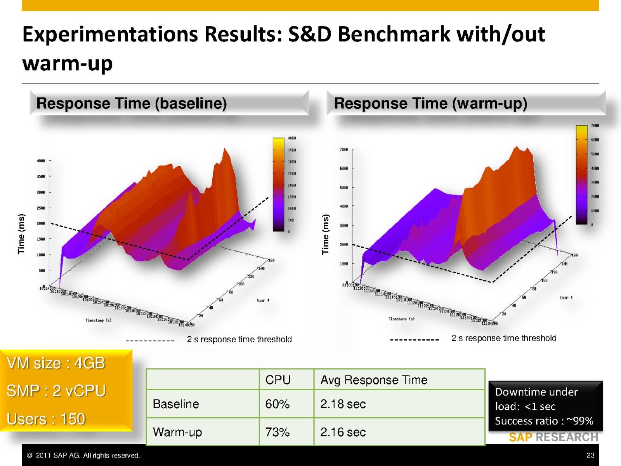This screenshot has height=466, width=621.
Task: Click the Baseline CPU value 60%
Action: [277, 404]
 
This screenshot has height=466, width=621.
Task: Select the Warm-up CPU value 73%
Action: [277, 432]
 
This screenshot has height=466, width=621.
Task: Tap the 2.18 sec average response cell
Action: [343, 404]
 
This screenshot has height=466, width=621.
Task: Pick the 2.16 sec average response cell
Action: [343, 432]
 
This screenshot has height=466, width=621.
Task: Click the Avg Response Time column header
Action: [374, 380]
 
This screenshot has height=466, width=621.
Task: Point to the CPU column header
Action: [278, 380]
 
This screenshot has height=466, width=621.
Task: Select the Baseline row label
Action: [176, 404]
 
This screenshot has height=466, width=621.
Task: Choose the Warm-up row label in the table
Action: [177, 432]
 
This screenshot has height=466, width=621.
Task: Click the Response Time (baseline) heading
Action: [131, 103]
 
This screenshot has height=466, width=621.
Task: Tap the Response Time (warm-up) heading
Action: [430, 103]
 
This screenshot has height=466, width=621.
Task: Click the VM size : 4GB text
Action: [56, 363]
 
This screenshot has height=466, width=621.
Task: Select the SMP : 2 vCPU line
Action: [56, 391]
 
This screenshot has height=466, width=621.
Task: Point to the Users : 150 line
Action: [46, 419]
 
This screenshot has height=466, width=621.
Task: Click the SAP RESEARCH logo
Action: [553, 437]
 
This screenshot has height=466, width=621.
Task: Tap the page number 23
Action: [590, 455]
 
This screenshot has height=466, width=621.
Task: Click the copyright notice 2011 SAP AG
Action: [83, 455]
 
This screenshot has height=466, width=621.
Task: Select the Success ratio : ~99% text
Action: [544, 421]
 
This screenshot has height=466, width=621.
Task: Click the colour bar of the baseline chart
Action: [278, 184]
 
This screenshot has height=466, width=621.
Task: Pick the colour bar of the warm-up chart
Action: [581, 175]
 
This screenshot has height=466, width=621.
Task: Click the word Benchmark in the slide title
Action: [394, 34]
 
